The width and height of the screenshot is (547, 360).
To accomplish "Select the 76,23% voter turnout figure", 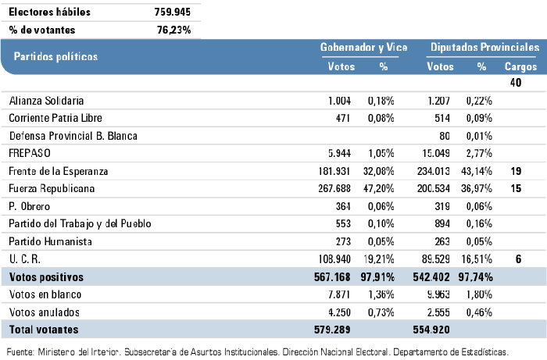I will (174, 30).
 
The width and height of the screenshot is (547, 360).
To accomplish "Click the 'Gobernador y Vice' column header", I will (363, 48).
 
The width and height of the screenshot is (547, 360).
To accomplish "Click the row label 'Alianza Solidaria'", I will (46, 101).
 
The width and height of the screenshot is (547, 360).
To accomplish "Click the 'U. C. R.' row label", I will (27, 258).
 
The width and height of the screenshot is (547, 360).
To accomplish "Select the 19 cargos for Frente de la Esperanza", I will (517, 171).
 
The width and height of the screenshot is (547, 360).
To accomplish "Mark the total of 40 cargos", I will (516, 83).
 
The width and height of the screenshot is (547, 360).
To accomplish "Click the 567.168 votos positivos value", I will (331, 276).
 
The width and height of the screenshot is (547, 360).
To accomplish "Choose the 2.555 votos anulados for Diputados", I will (438, 312).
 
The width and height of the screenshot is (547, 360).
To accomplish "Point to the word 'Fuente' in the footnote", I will (20, 351).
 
